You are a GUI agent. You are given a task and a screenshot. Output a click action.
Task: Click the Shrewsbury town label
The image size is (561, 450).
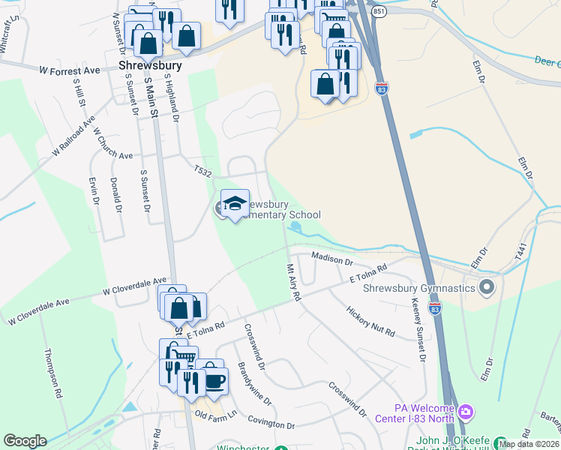click(150, 66)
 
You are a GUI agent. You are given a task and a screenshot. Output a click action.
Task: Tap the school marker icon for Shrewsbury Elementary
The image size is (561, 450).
click(235, 204)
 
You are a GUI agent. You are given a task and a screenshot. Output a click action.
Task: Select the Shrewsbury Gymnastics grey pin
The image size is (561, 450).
click(487, 287)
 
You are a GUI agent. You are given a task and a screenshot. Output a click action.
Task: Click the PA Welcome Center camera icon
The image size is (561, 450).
click(466, 412)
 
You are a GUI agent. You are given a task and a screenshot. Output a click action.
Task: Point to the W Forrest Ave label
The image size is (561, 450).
click(70, 70)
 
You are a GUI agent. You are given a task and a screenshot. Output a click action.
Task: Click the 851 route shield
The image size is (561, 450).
click(379, 13)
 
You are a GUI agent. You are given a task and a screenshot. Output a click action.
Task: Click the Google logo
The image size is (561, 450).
click(25, 441)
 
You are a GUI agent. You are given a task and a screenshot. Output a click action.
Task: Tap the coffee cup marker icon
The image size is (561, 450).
click(214, 379)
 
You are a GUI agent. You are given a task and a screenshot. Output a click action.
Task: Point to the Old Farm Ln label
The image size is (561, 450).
click(215, 414)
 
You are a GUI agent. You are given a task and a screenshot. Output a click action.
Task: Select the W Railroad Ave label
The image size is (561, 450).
click(74, 136)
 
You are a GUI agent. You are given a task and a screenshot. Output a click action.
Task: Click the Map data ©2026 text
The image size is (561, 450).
click(529, 444)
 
